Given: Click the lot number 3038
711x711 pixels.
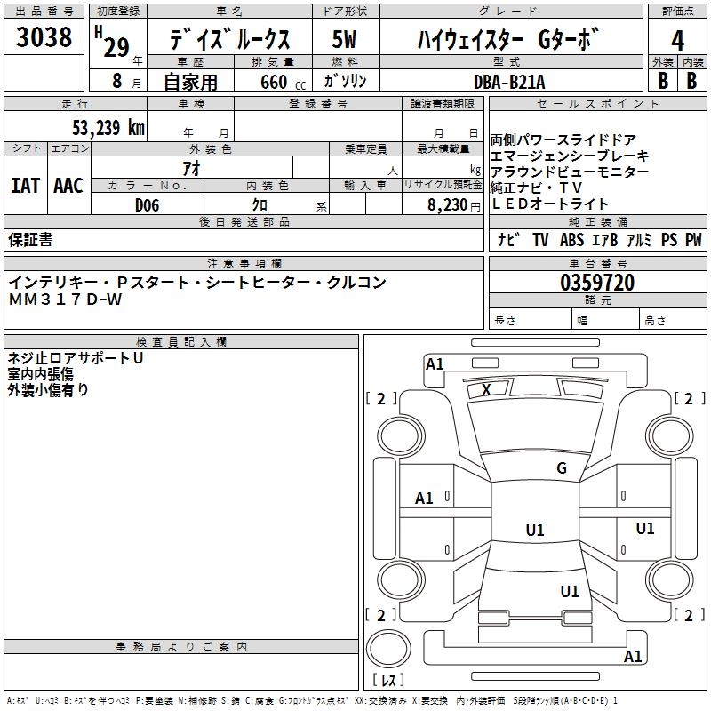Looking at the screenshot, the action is (44, 37).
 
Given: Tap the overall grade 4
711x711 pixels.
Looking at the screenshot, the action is (677, 40).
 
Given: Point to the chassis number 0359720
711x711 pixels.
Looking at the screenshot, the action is (597, 284).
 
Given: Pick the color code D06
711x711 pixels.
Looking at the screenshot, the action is (148, 205).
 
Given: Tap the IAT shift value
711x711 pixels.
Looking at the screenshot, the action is (25, 186).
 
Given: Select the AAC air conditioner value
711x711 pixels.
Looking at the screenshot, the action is (68, 186).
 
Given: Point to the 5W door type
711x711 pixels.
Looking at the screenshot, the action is (346, 40).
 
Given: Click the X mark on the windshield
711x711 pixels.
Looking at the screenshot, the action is (486, 389).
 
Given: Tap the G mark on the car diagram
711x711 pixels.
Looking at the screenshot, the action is (562, 467).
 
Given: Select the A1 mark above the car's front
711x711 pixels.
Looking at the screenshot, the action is (435, 363).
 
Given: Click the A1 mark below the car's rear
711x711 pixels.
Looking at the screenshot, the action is (633, 657).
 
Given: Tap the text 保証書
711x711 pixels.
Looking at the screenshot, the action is (30, 240).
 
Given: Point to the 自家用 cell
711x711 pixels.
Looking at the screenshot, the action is (190, 82).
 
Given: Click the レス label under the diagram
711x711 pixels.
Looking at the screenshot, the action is (388, 681).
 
